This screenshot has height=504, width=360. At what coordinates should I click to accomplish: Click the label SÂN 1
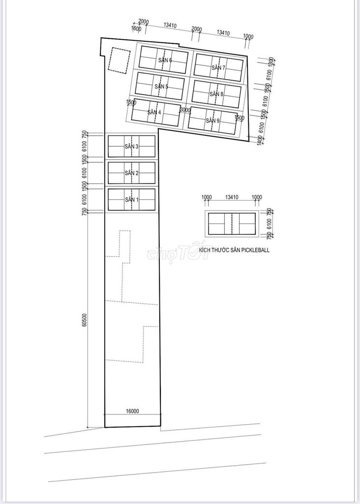coord(132,200)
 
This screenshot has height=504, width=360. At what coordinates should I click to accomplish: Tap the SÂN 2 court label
coord(132,173)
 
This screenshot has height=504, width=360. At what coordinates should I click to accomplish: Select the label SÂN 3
coord(132,147)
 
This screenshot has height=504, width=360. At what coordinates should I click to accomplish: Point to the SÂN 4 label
coord(154,112)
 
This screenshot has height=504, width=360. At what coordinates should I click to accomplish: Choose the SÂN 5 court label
coord(161,87)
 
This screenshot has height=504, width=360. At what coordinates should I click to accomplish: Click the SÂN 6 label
coord(165,60)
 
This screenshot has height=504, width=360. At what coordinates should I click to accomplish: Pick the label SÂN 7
coord(218,68)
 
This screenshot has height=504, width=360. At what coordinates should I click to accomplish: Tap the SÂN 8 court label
coord(216,94)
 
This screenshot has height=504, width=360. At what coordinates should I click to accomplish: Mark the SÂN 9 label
coord(212,121)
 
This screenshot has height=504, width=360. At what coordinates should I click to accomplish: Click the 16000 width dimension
coord(132,411)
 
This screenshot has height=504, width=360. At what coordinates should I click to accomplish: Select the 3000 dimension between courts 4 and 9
coord(185,110)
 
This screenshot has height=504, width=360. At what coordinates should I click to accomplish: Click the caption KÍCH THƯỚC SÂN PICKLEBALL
coord(234,250)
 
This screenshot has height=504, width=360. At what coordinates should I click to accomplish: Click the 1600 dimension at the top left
coord(137,29)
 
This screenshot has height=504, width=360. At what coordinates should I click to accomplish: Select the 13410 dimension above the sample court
coord(232,197)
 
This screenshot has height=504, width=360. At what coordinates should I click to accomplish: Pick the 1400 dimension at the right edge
coord(260,140)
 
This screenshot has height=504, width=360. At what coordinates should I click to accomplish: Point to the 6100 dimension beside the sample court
coord(269,224)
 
